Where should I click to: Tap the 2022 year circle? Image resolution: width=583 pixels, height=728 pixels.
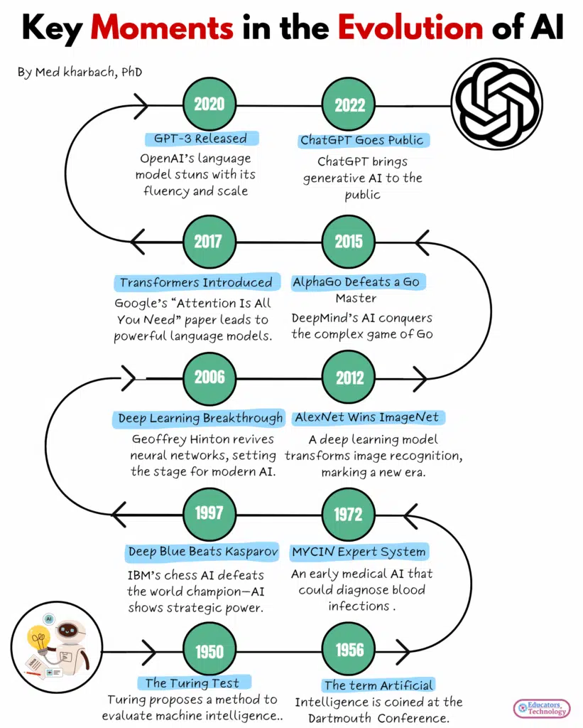pos(349,106)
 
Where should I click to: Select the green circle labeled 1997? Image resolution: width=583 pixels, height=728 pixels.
pos(209,513)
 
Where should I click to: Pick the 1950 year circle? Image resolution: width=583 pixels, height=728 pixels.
pos(209,651)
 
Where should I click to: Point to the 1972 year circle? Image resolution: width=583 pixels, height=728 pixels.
pos(349,513)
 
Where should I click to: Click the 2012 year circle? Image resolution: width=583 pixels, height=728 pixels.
pos(349,378)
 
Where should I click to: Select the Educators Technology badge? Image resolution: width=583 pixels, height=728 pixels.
pos(541,707)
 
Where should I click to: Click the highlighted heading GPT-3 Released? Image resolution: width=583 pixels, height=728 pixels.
pos(200,139)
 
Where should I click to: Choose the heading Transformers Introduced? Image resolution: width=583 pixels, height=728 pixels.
pos(195,282)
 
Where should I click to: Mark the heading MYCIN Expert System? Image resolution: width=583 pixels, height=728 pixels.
pos(359,552)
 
